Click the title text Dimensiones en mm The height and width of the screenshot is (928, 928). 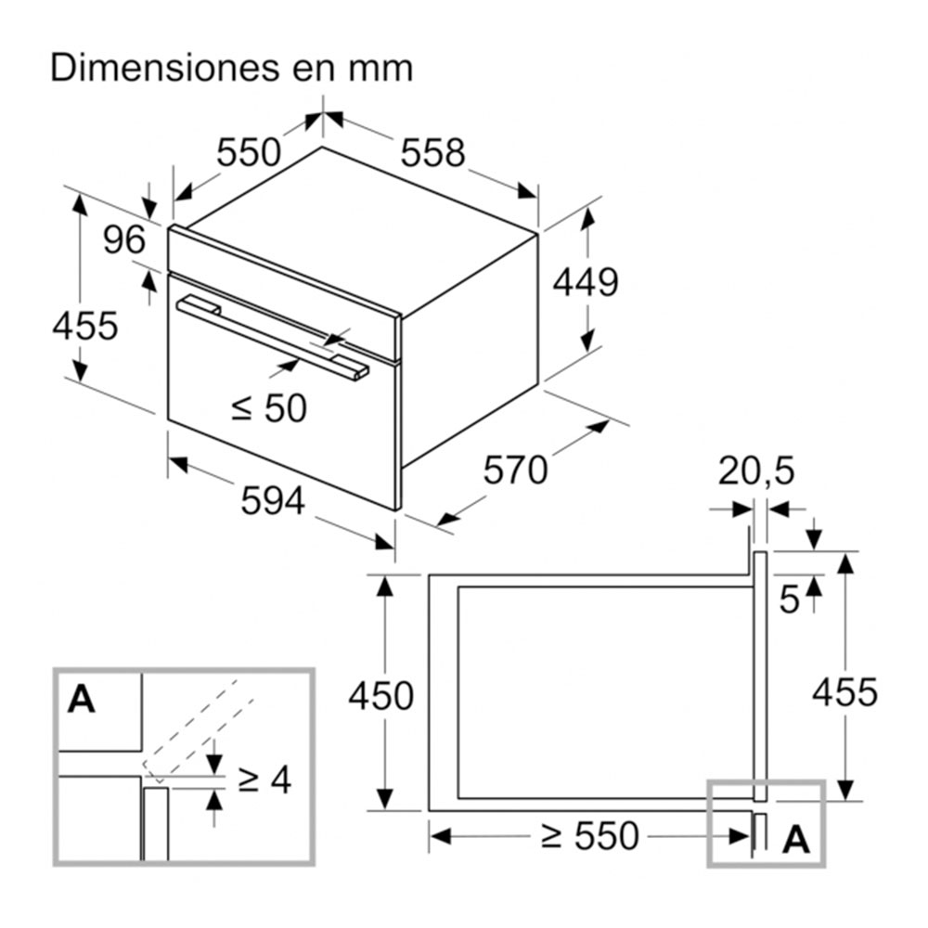231,69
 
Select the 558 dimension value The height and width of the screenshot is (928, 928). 432,153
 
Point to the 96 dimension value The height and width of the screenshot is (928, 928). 124,240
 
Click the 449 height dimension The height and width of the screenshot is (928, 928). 586,282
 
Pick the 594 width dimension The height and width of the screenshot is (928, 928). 273,501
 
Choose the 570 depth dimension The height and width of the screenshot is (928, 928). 516,470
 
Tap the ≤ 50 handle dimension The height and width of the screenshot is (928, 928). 268,407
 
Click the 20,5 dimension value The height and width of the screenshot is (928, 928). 756,472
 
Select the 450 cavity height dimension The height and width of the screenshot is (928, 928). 380,695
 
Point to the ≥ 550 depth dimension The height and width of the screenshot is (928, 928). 590,837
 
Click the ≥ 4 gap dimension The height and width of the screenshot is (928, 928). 264,780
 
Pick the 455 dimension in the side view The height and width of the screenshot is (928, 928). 844,691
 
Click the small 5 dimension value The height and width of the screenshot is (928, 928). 789,600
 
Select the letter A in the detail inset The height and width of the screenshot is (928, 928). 82,699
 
